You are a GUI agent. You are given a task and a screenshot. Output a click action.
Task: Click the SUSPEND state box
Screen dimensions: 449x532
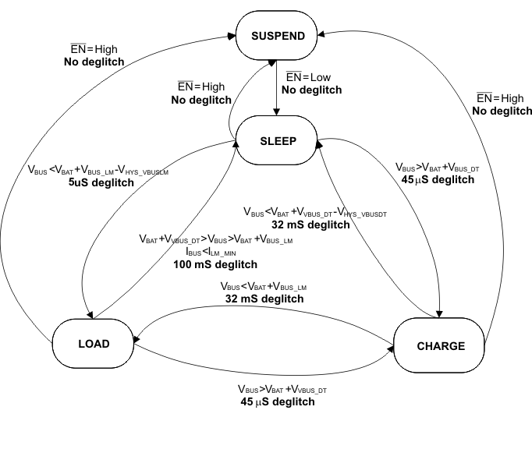(x=278, y=36)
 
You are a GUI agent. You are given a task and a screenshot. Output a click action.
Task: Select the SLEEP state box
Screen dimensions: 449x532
(x=278, y=140)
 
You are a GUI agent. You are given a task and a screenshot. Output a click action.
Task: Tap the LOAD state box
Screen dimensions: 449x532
(x=93, y=343)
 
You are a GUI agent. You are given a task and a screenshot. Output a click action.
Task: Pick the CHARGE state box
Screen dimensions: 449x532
(x=441, y=346)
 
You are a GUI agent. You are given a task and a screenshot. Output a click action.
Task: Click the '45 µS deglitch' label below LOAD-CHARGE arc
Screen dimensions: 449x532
(x=278, y=401)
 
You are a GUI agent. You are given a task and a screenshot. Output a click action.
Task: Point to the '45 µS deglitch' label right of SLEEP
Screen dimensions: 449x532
(x=434, y=179)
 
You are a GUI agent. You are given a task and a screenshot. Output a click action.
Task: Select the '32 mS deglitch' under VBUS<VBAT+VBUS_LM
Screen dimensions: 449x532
(x=264, y=298)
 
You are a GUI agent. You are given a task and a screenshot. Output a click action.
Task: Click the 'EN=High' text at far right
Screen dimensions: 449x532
(x=500, y=98)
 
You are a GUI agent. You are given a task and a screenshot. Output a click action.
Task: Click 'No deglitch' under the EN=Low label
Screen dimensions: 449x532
(x=311, y=90)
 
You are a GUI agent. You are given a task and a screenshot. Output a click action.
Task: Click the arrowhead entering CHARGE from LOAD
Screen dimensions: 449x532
(x=389, y=350)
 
